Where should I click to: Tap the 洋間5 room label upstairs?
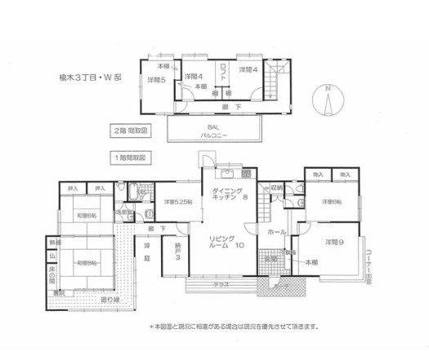156,79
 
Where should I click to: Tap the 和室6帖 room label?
87,215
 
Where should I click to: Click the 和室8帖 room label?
87,263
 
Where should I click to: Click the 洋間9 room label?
333,242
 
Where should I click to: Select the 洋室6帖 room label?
331,201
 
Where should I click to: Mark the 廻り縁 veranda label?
84,300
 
